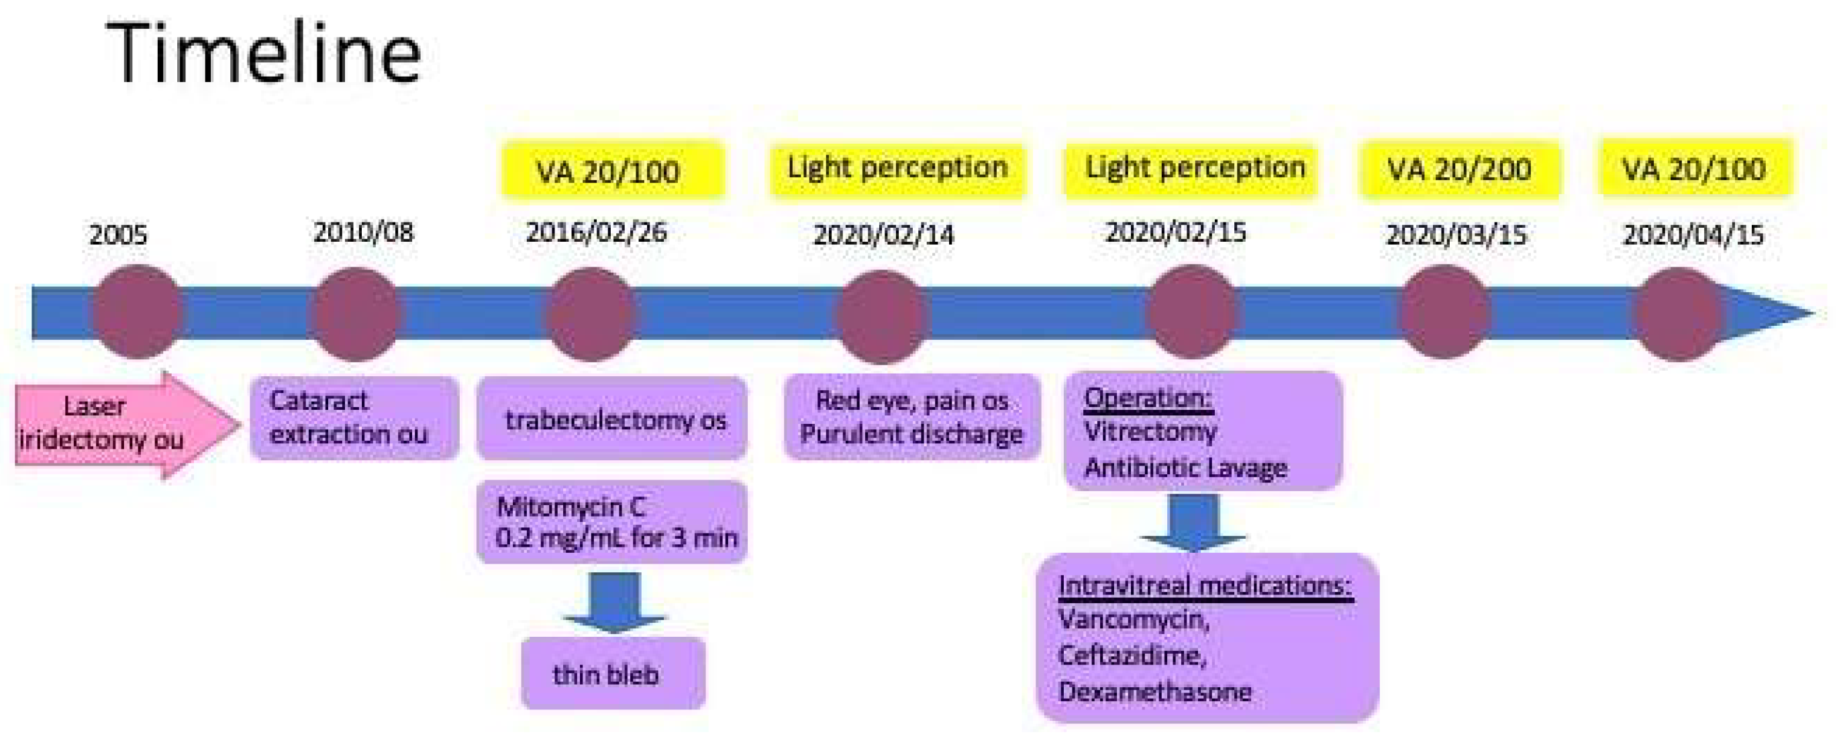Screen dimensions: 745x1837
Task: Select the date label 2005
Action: (117, 234)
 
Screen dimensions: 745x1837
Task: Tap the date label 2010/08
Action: (363, 232)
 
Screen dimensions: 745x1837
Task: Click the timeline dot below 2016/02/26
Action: (590, 313)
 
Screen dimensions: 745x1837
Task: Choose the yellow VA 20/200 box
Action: (1459, 170)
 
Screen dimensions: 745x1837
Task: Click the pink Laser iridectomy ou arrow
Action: (121, 424)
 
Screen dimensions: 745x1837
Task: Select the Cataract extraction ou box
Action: (354, 417)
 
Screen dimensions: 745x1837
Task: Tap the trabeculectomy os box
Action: (612, 419)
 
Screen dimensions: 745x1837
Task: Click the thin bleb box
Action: (613, 674)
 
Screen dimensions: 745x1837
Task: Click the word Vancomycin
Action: (1132, 619)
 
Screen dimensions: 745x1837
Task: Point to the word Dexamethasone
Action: (1154, 691)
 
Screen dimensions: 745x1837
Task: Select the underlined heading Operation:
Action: (1148, 398)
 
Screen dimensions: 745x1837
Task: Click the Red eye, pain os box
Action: (911, 417)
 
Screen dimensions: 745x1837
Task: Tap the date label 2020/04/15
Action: (1693, 234)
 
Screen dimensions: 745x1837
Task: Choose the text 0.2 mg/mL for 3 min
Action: (616, 537)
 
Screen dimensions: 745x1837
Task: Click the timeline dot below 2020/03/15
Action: (1443, 312)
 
